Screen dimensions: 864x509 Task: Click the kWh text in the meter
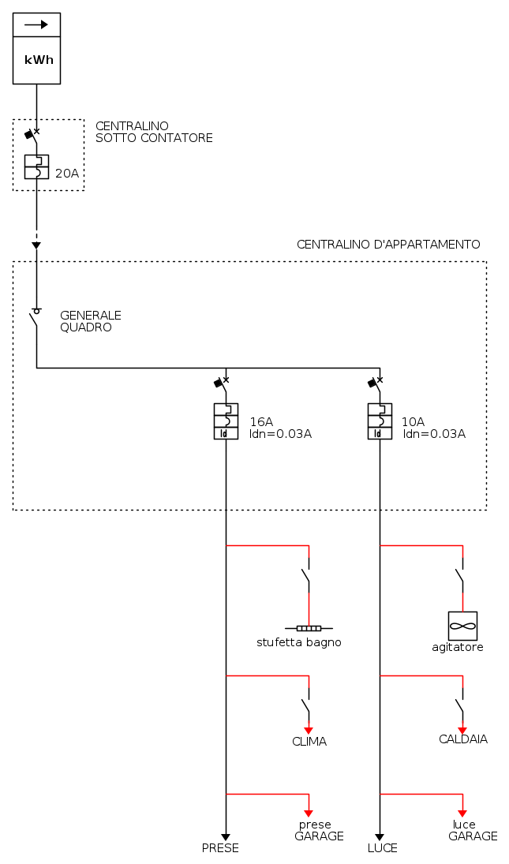pyautogui.click(x=39, y=60)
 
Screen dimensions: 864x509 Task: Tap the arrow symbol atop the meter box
pyautogui.click(x=36, y=24)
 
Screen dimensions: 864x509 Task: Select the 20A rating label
pyautogui.click(x=67, y=173)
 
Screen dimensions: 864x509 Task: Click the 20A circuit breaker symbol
pyautogui.click(x=36, y=166)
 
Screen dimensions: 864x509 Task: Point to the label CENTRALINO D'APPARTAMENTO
pyautogui.click(x=387, y=245)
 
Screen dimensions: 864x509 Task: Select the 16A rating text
pyautogui.click(x=261, y=421)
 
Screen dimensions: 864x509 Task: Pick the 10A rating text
pyautogui.click(x=413, y=421)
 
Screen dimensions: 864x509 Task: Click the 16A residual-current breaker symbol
pyautogui.click(x=226, y=421)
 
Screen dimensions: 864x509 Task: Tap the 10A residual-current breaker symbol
pyautogui.click(x=380, y=421)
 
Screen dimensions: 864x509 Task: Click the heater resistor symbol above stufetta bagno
pyautogui.click(x=309, y=628)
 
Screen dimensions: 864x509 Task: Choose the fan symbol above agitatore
pyautogui.click(x=462, y=626)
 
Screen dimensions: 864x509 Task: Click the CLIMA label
pyautogui.click(x=309, y=742)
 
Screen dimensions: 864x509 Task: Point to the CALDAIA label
pyautogui.click(x=463, y=739)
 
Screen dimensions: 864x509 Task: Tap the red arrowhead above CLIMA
pyautogui.click(x=309, y=730)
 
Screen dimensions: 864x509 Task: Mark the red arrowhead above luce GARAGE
pyautogui.click(x=462, y=814)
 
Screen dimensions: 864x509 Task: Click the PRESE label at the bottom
pyautogui.click(x=220, y=848)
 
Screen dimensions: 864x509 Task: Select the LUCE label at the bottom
pyautogui.click(x=383, y=848)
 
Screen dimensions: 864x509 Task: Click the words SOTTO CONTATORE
pyautogui.click(x=154, y=138)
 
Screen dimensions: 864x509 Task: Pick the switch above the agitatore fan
pyautogui.click(x=461, y=578)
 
